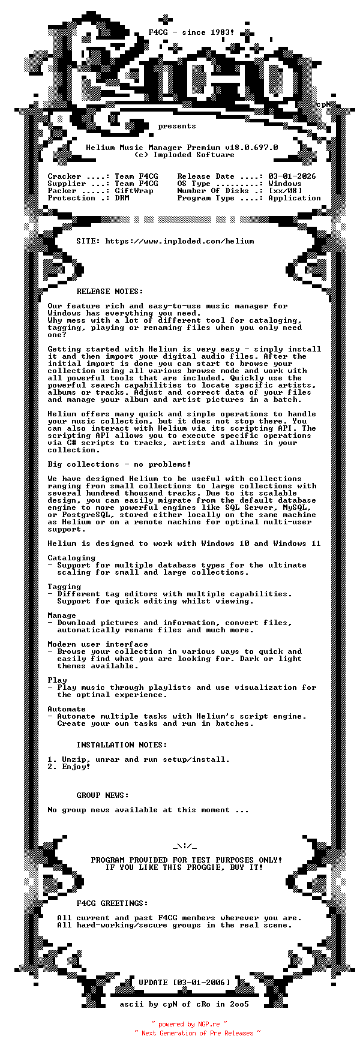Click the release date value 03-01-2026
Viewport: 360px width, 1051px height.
tap(292, 176)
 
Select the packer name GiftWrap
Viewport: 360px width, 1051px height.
tap(134, 191)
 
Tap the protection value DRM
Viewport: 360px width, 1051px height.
tap(122, 198)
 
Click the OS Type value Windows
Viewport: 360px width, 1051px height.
tap(284, 184)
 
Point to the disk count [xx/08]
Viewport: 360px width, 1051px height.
tap(285, 191)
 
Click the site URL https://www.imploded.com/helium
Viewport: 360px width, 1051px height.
tap(179, 241)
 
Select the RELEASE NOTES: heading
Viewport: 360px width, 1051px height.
tap(110, 292)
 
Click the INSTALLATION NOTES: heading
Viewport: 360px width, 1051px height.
tap(122, 745)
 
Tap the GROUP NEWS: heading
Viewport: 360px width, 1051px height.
tap(103, 795)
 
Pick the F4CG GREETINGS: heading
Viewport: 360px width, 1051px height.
tap(112, 903)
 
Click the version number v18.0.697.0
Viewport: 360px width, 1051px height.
tap(251, 148)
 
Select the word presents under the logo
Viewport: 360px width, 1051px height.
tap(177, 126)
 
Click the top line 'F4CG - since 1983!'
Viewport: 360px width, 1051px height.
tap(191, 32)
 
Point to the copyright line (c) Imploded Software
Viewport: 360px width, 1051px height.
tap(184, 155)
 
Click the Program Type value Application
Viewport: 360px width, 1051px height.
tap(294, 198)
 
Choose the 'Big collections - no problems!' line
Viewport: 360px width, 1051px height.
tap(119, 464)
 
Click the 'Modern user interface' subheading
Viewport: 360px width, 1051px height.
tap(98, 644)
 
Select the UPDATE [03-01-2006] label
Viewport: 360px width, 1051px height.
tap(184, 983)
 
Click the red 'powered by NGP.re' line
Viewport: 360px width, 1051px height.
tap(189, 1024)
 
